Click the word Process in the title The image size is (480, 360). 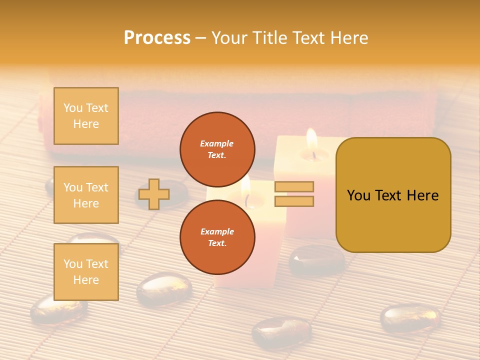click(x=157, y=38)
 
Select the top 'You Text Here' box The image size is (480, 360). click(x=86, y=116)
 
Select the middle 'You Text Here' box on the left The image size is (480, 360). click(x=86, y=195)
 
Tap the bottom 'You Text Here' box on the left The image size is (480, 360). click(x=86, y=272)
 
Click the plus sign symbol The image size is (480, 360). click(x=154, y=194)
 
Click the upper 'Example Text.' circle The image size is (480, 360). click(x=217, y=149)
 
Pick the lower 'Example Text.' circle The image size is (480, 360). click(x=217, y=237)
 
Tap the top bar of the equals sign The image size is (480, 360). click(x=294, y=186)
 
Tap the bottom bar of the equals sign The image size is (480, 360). click(x=294, y=201)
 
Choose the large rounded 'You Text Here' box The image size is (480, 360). click(x=393, y=195)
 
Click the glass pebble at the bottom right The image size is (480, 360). click(x=410, y=318)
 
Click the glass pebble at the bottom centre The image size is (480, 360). click(x=281, y=331)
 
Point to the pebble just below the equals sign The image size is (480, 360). click(x=316, y=260)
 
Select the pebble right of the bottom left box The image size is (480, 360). click(x=164, y=289)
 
